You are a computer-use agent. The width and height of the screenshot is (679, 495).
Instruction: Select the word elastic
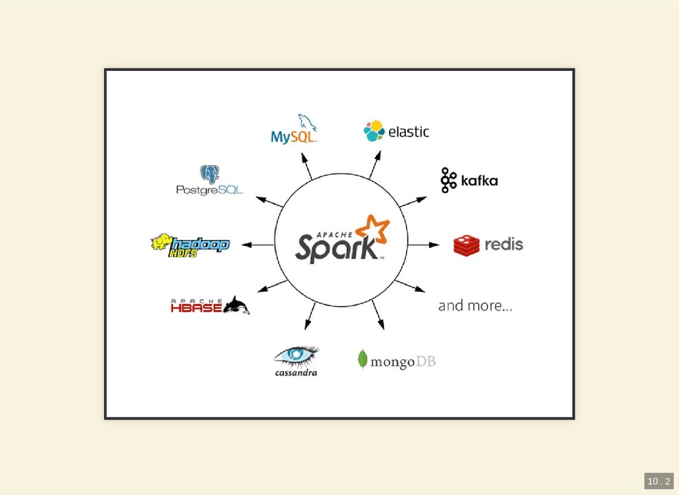pos(408,132)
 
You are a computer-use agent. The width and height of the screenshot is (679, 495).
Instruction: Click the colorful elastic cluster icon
pos(374,131)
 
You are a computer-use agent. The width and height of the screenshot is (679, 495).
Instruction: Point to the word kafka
pos(479,180)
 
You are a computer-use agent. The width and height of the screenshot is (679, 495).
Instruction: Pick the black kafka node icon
pos(449,180)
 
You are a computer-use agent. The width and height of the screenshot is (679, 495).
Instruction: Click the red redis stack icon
pos(466,245)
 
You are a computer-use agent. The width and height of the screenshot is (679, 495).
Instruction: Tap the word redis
pos(504,245)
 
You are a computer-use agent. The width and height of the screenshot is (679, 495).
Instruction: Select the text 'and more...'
pos(475,305)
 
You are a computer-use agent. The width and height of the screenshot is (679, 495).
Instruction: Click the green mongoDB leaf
pos(362,359)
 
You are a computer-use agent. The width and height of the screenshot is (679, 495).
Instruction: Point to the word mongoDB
pos(402,362)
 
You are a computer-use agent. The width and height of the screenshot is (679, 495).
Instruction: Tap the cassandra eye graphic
pos(296,355)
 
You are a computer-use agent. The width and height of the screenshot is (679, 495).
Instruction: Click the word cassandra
pos(296,372)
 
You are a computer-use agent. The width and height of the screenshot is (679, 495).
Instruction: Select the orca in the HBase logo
pos(236,305)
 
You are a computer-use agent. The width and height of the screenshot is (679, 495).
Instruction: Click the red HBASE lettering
pos(196,307)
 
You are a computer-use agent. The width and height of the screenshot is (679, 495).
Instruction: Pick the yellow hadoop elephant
pos(161,242)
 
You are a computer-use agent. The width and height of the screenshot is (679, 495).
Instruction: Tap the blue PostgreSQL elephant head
pos(210,174)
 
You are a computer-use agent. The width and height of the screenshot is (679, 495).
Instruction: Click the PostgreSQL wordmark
pos(210,190)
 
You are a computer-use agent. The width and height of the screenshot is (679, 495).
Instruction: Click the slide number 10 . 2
pos(658,481)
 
